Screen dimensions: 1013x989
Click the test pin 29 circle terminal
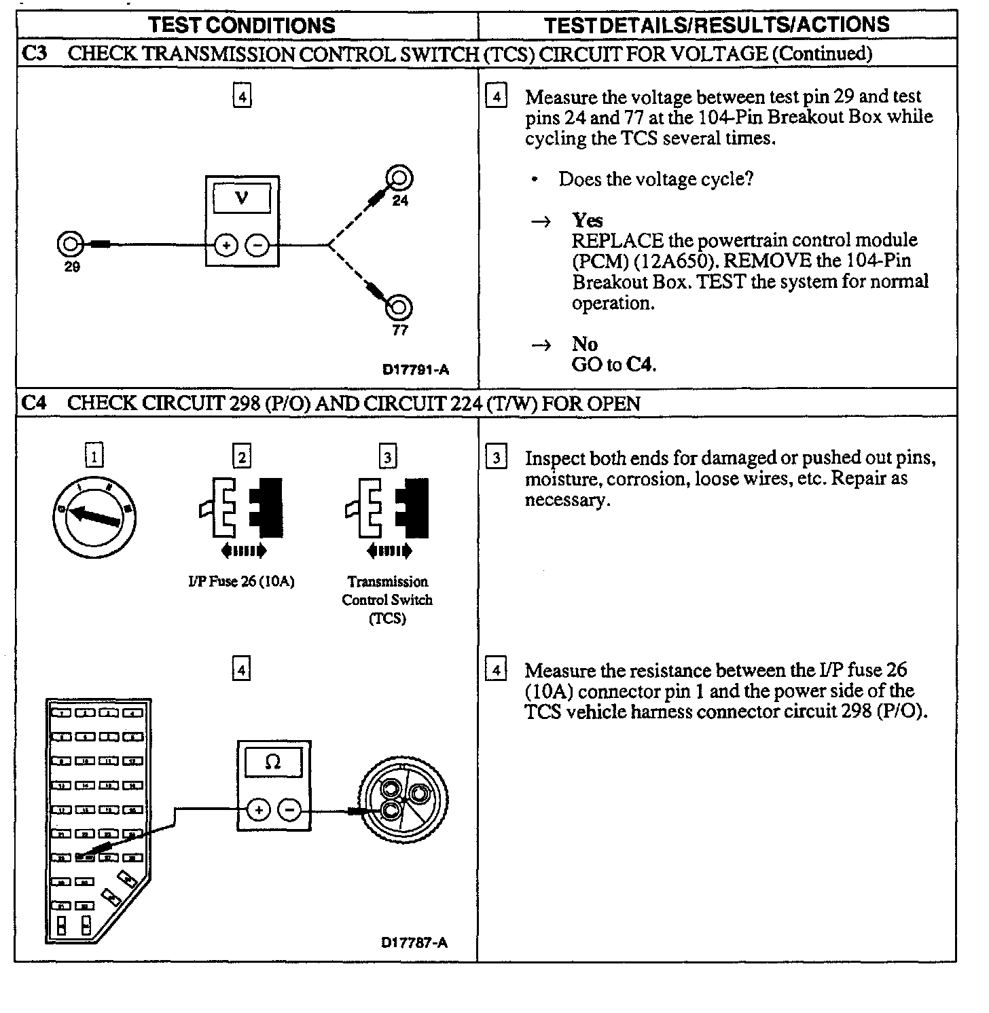[x=71, y=244]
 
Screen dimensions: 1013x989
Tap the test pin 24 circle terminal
[x=399, y=179]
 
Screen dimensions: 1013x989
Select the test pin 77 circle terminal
[x=399, y=308]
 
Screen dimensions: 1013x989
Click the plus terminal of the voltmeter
[x=226, y=245]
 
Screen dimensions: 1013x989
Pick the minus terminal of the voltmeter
[x=257, y=245]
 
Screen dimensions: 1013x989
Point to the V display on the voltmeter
[x=242, y=199]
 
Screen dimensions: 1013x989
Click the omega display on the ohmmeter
[x=273, y=762]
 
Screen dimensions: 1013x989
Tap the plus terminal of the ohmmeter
[x=258, y=809]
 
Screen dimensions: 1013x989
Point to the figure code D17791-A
[x=415, y=370]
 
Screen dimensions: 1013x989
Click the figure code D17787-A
[x=414, y=942]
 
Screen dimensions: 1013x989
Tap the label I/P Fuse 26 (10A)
[x=242, y=582]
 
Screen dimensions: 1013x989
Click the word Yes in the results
[x=587, y=220]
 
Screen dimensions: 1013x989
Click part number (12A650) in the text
[x=675, y=261]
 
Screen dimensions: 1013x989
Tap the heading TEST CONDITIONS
[x=242, y=26]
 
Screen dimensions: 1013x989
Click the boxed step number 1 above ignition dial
[x=94, y=456]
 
